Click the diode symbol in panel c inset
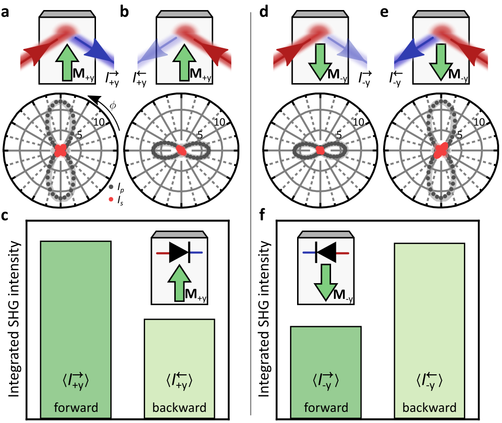click(179, 252)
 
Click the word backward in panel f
click(429, 408)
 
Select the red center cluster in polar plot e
click(440, 150)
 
